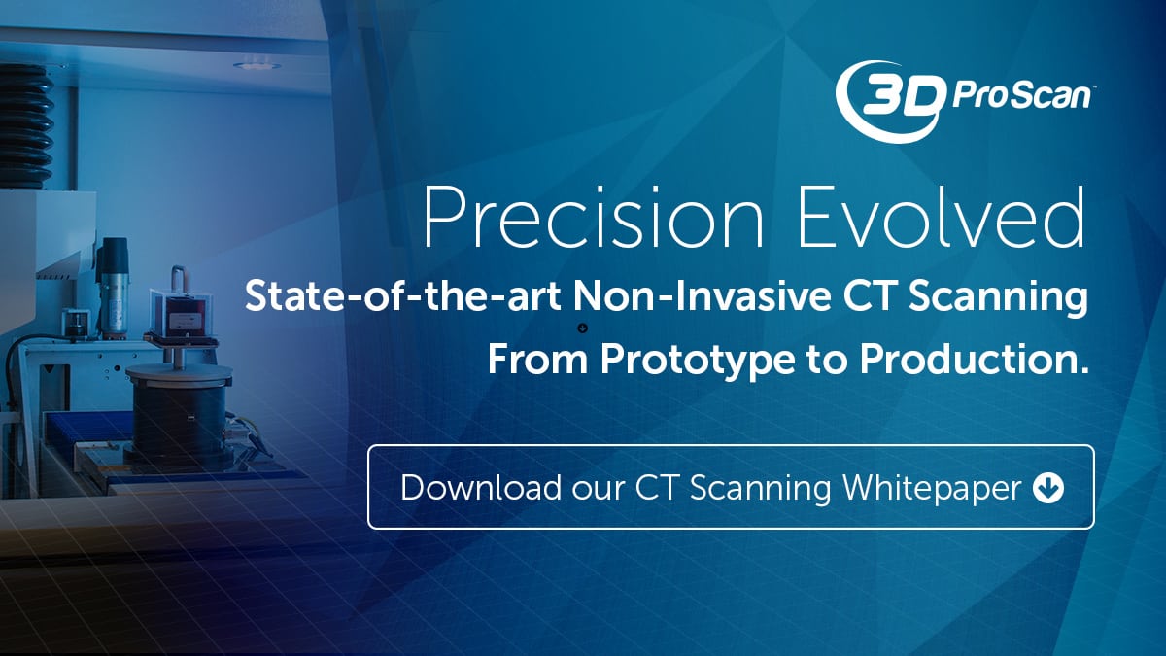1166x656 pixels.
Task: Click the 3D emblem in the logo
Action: (891, 100)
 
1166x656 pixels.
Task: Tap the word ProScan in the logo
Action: (1021, 97)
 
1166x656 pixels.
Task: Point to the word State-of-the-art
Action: (403, 296)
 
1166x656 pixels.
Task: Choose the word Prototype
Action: (698, 361)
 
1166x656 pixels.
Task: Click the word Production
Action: (974, 359)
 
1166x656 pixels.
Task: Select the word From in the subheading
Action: (537, 359)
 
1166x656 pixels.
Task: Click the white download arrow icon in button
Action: (1048, 488)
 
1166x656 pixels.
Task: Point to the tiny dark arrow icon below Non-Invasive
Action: (583, 328)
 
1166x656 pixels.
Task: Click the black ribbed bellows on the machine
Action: (25, 126)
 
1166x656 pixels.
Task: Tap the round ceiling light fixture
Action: (257, 66)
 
